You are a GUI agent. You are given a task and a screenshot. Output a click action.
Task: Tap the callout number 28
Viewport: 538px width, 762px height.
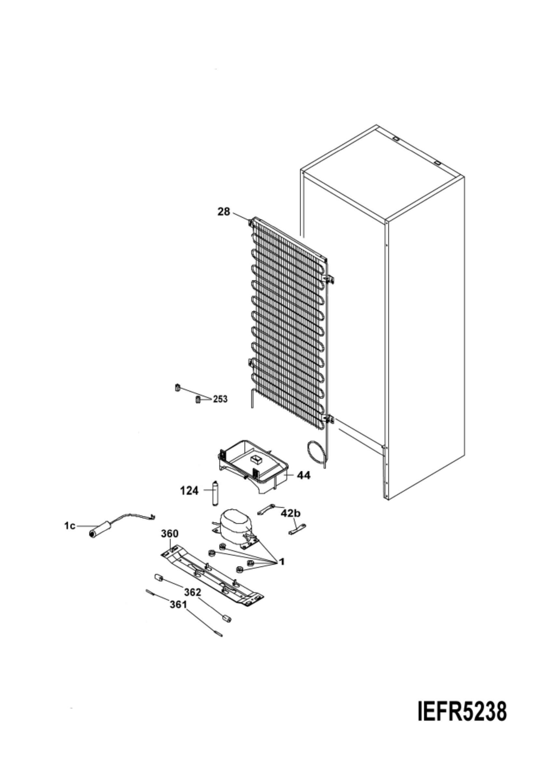click(224, 212)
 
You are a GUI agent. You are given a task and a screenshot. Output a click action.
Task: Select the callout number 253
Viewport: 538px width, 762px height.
click(220, 399)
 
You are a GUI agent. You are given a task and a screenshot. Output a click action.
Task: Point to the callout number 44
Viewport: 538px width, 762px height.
click(304, 475)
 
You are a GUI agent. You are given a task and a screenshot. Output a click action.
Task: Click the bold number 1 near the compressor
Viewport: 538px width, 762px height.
click(282, 562)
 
